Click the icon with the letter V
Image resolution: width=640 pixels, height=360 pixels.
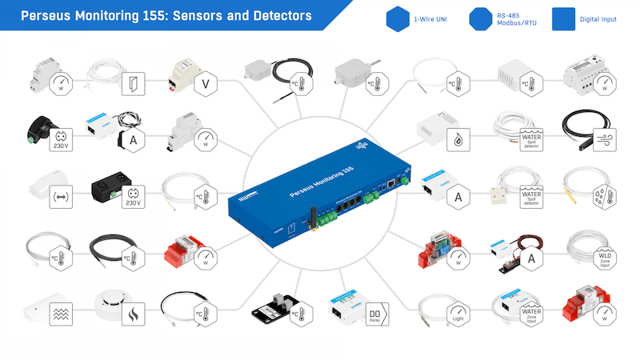pyautogui.click(x=205, y=82)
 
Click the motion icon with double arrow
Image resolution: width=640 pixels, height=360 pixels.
pyautogui.click(x=60, y=197)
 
